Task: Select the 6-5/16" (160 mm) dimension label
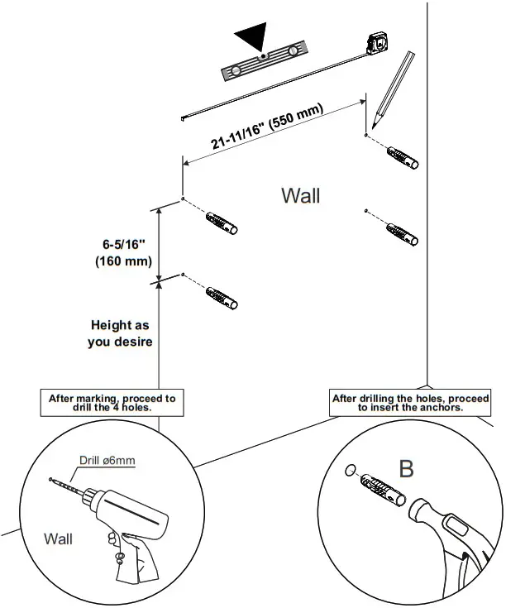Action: pyautogui.click(x=124, y=253)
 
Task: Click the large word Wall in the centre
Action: pyautogui.click(x=300, y=196)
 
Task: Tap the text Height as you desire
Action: pyautogui.click(x=121, y=333)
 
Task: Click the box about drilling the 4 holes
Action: pyautogui.click(x=112, y=403)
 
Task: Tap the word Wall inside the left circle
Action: pyautogui.click(x=58, y=539)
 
